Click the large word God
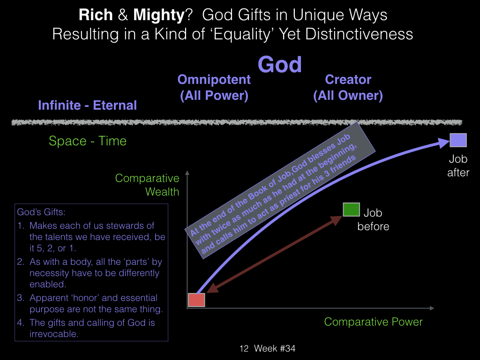pos(279,65)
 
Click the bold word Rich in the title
pos(96,15)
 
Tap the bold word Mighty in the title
pos(159,15)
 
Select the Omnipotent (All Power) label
pos(214,88)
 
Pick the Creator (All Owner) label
pos(348,88)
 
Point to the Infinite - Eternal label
pos(87,105)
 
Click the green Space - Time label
pos(88,141)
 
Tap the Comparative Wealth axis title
pos(147,185)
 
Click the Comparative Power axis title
pos(373,322)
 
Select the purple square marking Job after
pos(458,140)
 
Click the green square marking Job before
pos(351,210)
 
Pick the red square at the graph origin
pos(196,300)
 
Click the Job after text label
pos(458,165)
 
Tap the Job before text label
pos(373,219)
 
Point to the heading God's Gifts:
pos(41,212)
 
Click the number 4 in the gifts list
pos(20,322)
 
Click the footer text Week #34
pos(275,348)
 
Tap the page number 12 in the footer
pos(244,348)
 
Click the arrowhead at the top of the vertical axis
pos(187,172)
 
